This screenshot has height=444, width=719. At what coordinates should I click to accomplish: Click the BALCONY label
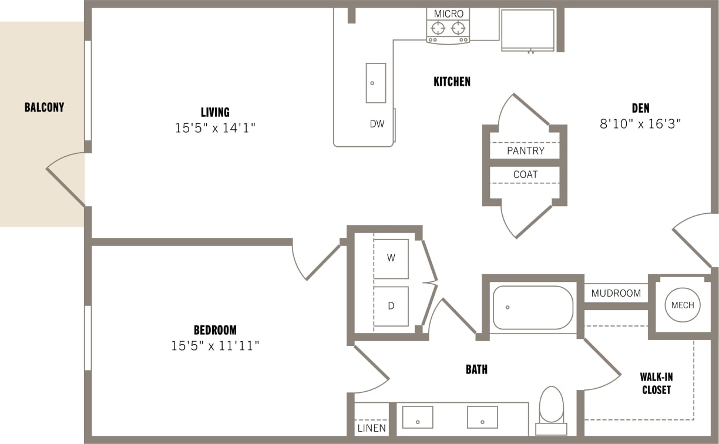(x=44, y=107)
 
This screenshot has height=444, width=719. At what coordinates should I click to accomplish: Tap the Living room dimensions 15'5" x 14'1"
(x=215, y=127)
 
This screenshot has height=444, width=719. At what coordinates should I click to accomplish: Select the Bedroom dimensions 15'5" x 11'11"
(x=215, y=346)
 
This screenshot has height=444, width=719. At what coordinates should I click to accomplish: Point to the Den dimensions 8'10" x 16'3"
(x=640, y=124)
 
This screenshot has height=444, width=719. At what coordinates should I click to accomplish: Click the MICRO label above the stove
(x=449, y=14)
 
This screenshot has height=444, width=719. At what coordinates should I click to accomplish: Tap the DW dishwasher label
(x=377, y=124)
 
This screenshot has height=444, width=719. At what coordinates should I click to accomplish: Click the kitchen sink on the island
(x=376, y=83)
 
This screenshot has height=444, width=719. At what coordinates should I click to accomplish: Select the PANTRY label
(x=525, y=151)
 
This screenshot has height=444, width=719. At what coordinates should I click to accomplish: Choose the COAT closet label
(x=525, y=174)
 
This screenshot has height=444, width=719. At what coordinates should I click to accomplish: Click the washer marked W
(x=391, y=258)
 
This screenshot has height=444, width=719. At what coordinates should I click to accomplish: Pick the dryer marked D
(x=391, y=306)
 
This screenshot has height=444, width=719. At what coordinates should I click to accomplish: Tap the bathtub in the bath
(x=532, y=307)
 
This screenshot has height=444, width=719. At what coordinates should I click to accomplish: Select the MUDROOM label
(x=616, y=293)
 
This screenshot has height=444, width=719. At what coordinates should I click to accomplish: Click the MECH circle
(x=683, y=305)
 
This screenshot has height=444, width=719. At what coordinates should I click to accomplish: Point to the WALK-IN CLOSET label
(x=656, y=384)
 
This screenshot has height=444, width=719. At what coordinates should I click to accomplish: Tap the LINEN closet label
(x=372, y=428)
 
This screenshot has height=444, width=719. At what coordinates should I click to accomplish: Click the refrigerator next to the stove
(x=528, y=29)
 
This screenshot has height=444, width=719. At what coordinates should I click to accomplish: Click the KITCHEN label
(x=452, y=82)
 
